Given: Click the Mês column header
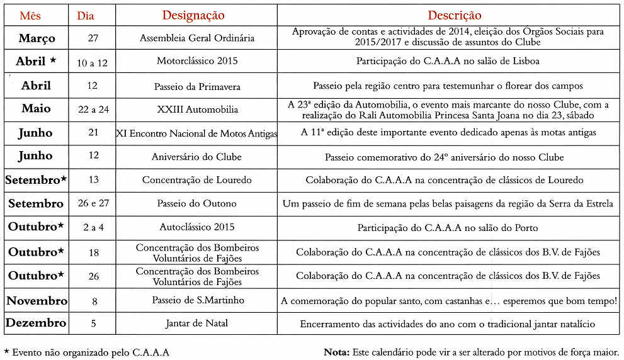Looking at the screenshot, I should (x=30, y=16).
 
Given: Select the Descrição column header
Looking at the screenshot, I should (x=454, y=16).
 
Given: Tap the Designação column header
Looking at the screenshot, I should (x=193, y=16).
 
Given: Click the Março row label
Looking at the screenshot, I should (x=37, y=38).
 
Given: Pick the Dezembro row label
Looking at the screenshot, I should (x=36, y=323).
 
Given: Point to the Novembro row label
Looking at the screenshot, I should (x=37, y=301).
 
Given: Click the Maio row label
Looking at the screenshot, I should (x=36, y=109).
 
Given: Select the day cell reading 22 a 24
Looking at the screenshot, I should (x=93, y=110).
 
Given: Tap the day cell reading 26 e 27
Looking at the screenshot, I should (x=93, y=204).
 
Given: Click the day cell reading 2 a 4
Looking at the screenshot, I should (x=93, y=228).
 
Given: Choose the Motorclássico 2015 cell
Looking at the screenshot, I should (x=196, y=61).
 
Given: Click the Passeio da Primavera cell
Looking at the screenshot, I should (x=196, y=86).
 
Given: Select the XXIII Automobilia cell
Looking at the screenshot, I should (x=197, y=110).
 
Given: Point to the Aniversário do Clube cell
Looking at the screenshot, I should (x=196, y=157).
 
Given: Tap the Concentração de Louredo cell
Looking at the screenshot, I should (x=196, y=180).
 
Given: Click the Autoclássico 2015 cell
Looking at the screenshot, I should (x=196, y=228).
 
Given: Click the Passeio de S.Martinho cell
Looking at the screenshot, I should (x=197, y=300).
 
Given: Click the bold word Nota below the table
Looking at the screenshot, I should (x=337, y=352).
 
